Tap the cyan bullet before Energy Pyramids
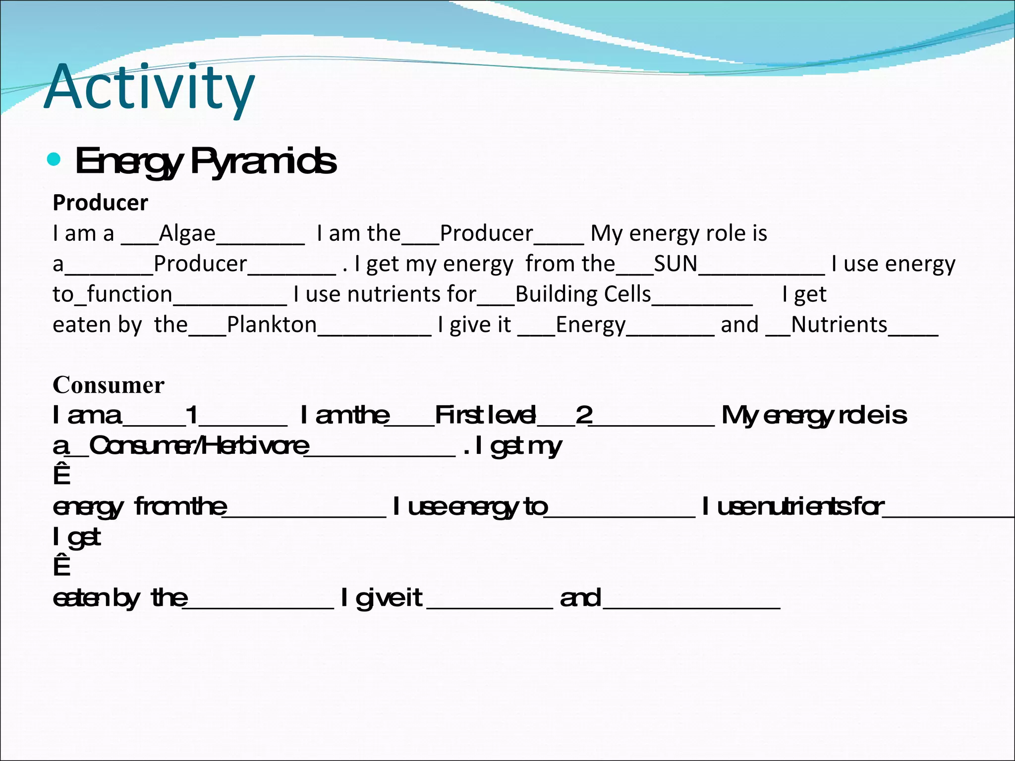pos(54,160)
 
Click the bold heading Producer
pos(100,203)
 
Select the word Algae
pos(187,233)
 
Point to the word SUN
pos(676,264)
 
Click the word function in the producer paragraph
pos(129,294)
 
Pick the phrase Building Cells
pos(583,294)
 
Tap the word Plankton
pos(272,325)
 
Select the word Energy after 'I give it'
pos(591,325)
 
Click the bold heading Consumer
pos(109,385)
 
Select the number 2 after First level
pos(584,415)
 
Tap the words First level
pos(485,415)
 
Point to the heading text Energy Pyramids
pos(206,161)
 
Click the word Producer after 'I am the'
pos(486,233)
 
